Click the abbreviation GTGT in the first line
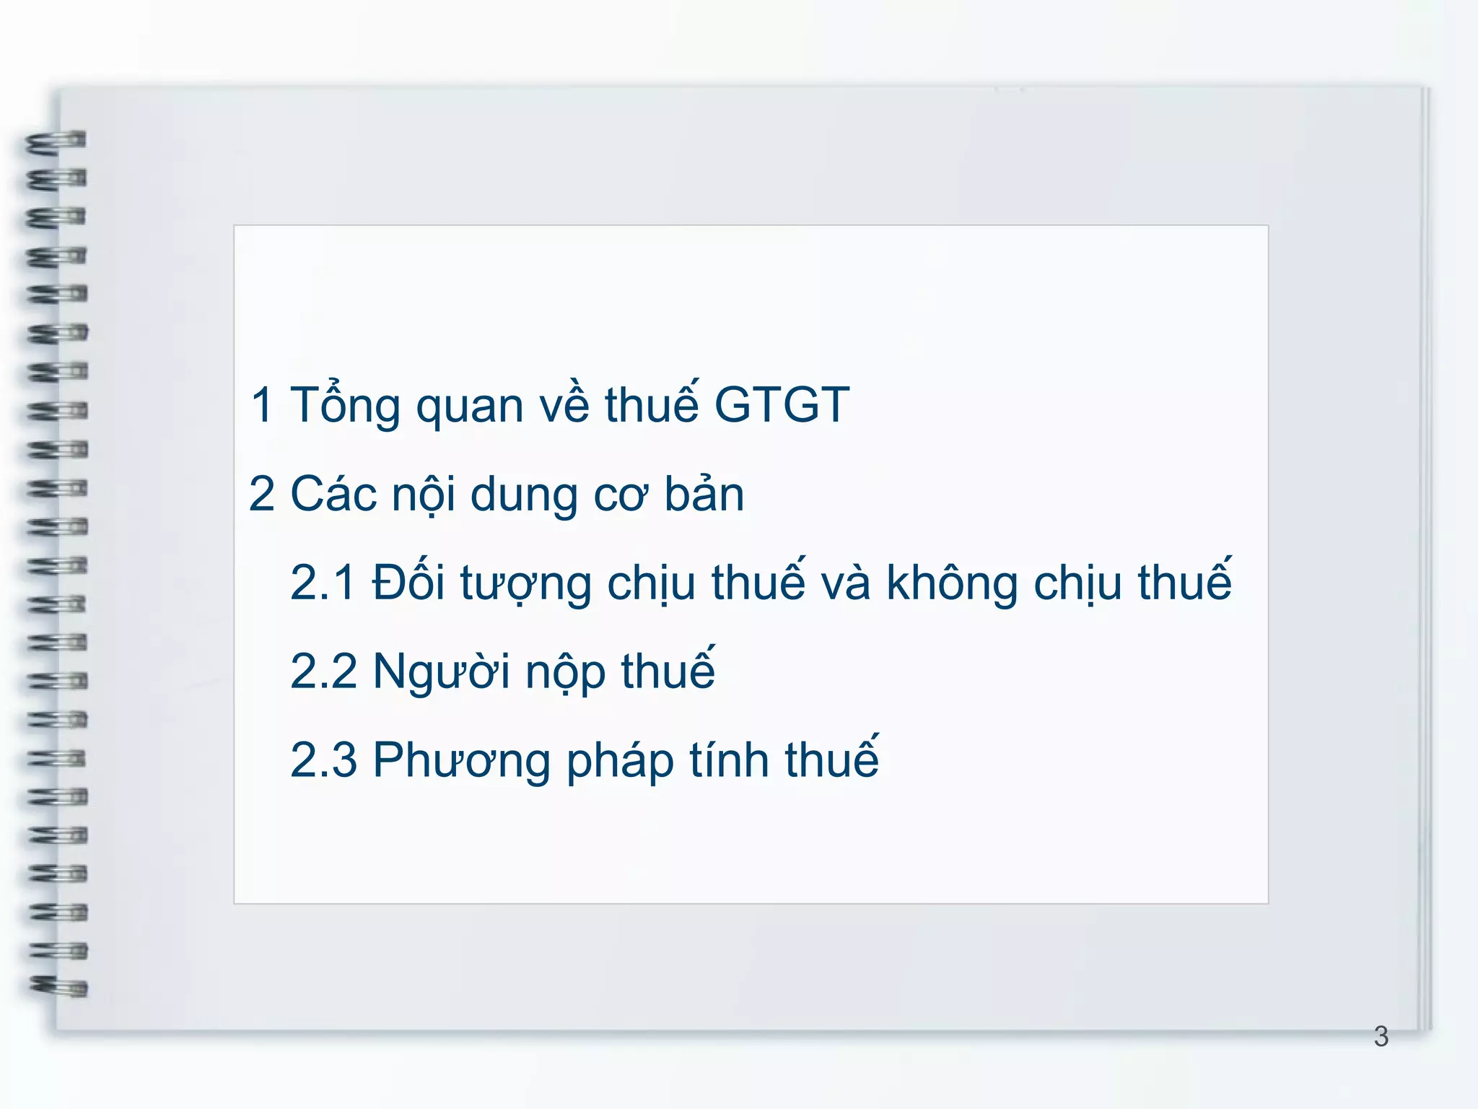[x=782, y=404]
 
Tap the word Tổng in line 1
[x=344, y=406]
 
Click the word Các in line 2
[x=333, y=495]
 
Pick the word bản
[x=704, y=495]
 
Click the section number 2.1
[x=323, y=583]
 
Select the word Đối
[x=408, y=581]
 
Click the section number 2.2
[x=323, y=671]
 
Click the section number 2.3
[x=323, y=760]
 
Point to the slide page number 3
[x=1381, y=1037]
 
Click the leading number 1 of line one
[x=262, y=405]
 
